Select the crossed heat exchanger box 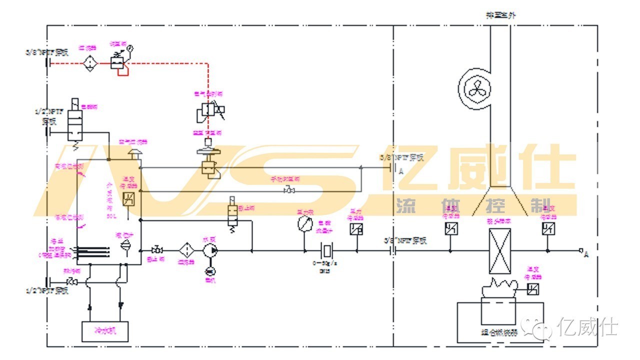click(x=499, y=250)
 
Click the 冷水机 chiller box click(x=104, y=331)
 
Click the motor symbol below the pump click(x=210, y=270)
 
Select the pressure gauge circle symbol click(x=303, y=223)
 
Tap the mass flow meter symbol click(x=327, y=249)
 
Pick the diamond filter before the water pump click(x=186, y=249)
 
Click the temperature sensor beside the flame click(x=533, y=289)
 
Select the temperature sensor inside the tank click(x=128, y=198)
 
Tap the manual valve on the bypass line click(x=289, y=190)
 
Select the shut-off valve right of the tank click(x=156, y=249)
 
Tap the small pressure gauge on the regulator click(x=130, y=48)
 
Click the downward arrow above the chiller click(x=120, y=304)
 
